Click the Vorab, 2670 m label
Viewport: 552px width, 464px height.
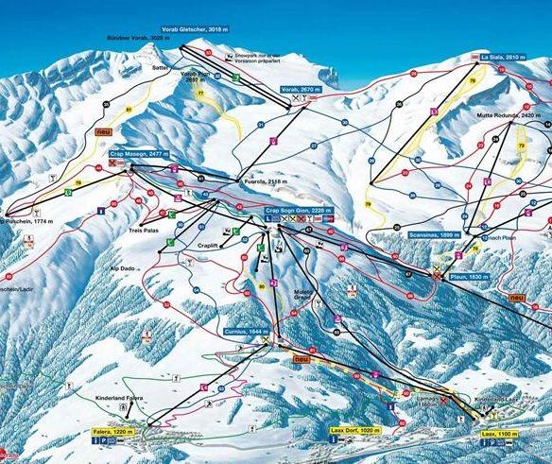(x=301, y=89)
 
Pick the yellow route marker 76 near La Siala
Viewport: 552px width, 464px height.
(x=473, y=81)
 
